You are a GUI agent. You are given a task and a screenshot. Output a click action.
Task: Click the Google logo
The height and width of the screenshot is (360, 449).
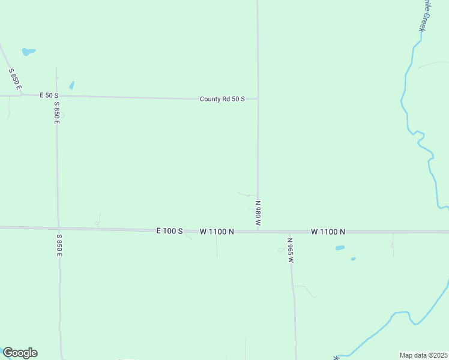coord(20,353)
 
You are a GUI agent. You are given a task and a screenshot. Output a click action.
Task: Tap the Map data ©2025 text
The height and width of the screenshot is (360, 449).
coord(424,355)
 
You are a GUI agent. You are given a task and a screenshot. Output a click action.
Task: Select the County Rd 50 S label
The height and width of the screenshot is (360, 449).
coord(222,99)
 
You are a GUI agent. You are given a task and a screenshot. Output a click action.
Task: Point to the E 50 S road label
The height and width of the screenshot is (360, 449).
coord(49,95)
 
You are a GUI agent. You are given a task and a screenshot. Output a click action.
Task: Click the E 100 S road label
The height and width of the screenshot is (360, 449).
coord(169,231)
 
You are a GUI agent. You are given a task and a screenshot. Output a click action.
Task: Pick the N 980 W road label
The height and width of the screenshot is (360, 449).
coord(258,213)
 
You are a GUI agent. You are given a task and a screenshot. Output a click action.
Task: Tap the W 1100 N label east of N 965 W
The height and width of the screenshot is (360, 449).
coord(328,232)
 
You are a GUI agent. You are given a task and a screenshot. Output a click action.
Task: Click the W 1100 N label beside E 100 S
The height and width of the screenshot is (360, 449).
coord(217,231)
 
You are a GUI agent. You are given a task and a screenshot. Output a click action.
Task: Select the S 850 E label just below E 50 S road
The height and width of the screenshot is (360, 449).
coord(56,112)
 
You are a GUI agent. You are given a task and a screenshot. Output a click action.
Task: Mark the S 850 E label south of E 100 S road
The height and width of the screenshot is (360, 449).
coord(59,245)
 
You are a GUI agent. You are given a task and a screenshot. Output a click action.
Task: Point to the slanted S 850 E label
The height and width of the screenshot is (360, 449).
coord(15,80)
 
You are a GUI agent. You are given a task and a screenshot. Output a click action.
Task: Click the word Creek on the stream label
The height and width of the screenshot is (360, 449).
coord(423,22)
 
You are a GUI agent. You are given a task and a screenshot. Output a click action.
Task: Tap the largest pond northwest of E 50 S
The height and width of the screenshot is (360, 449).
coord(28,52)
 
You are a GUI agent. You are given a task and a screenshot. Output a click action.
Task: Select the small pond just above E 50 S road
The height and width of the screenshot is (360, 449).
coord(72,85)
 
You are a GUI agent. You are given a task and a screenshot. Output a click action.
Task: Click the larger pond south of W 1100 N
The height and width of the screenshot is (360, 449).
coord(340,248)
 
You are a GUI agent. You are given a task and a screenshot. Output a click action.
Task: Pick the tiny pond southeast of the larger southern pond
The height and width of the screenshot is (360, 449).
coord(353,259)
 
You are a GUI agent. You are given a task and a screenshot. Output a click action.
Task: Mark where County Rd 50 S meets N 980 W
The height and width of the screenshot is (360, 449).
coord(258,99)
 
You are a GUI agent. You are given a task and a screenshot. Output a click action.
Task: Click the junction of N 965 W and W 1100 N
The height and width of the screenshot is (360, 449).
coord(290,232)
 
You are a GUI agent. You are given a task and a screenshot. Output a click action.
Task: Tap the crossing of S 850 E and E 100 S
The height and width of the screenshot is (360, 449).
coord(58,229)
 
